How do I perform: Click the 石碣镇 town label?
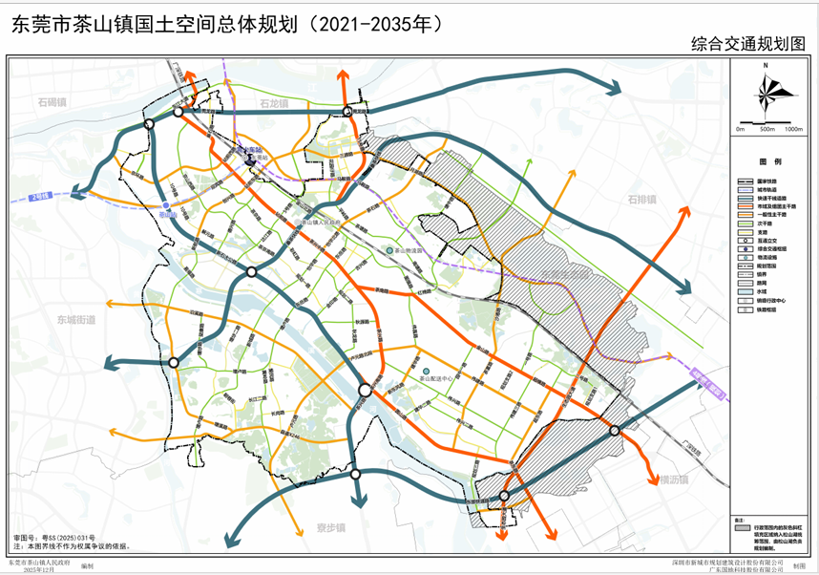click(51, 102)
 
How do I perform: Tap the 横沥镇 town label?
click(672, 480)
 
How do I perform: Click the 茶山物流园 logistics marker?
click(389, 250)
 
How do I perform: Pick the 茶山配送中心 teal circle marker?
click(427, 371)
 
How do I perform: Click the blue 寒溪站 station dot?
click(166, 205)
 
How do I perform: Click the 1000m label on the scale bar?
click(792, 129)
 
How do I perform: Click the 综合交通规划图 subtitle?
click(749, 44)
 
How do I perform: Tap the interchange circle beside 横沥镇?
click(615, 431)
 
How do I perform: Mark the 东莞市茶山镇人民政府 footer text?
click(39, 563)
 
